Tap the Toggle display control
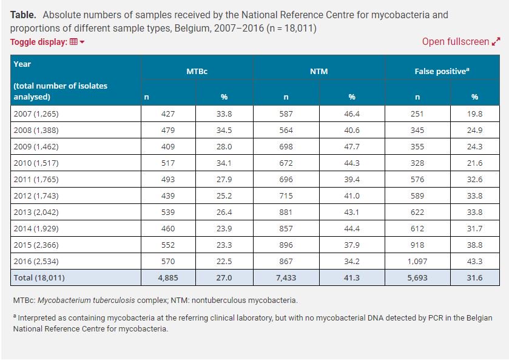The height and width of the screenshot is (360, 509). click(x=47, y=42)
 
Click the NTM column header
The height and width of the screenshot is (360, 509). click(x=319, y=71)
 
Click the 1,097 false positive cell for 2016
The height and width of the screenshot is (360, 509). click(x=417, y=261)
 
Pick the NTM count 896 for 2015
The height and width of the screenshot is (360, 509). click(x=286, y=245)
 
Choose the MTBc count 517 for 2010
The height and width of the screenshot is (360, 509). click(x=168, y=163)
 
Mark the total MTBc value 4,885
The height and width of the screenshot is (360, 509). click(x=168, y=277)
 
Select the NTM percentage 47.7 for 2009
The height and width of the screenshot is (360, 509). click(x=351, y=146)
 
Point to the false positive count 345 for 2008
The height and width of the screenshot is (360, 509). click(x=417, y=130)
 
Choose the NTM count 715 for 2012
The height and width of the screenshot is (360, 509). click(x=286, y=195)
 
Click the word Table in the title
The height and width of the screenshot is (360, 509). click(x=23, y=15)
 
